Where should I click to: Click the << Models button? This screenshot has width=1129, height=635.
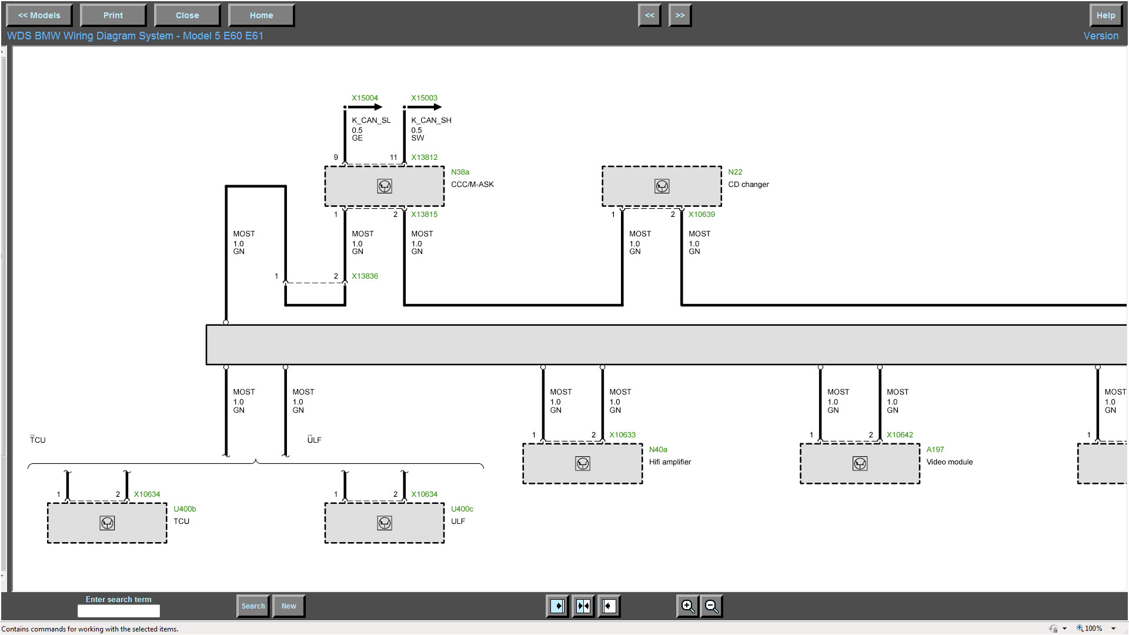(x=39, y=15)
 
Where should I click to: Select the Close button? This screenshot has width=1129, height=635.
(x=187, y=15)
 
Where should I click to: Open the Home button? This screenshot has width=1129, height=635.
(x=261, y=15)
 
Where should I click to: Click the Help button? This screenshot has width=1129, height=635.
(x=1105, y=15)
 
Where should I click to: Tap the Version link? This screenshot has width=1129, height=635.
(x=1101, y=36)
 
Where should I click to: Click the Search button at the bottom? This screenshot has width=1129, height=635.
(x=253, y=606)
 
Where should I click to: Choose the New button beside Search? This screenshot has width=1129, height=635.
(x=289, y=606)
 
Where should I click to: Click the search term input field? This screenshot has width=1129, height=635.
(x=119, y=611)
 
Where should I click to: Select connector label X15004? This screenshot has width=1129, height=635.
(x=365, y=98)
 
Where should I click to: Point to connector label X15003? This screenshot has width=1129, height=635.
(x=424, y=98)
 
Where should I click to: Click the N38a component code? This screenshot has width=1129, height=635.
(x=460, y=172)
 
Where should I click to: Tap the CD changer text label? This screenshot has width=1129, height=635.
(x=748, y=185)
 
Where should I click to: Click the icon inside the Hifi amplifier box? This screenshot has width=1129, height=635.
(x=583, y=464)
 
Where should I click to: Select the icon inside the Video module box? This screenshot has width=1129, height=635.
(x=860, y=464)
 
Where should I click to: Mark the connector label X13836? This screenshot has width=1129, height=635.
(x=365, y=276)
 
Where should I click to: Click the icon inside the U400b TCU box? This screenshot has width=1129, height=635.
(x=107, y=523)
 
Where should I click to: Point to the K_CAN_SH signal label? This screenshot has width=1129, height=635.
(x=431, y=121)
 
